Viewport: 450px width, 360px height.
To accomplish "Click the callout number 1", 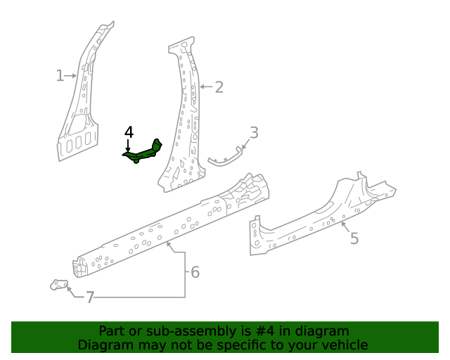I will tap(60, 75).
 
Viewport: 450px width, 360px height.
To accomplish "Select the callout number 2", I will tap(219, 87).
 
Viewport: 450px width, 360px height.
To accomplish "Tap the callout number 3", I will tap(254, 131).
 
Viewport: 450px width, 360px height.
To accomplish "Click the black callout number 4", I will tap(129, 132).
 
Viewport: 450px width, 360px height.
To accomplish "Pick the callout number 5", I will tap(354, 238).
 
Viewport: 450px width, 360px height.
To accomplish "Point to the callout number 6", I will tap(195, 271).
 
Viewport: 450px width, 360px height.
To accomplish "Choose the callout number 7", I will tap(89, 297).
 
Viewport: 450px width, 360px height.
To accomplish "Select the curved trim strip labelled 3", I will tap(227, 160).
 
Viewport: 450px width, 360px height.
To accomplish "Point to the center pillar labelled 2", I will tap(184, 120).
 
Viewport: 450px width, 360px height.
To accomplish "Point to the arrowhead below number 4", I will tap(128, 148).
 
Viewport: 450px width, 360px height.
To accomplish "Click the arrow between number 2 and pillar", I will tap(205, 87).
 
